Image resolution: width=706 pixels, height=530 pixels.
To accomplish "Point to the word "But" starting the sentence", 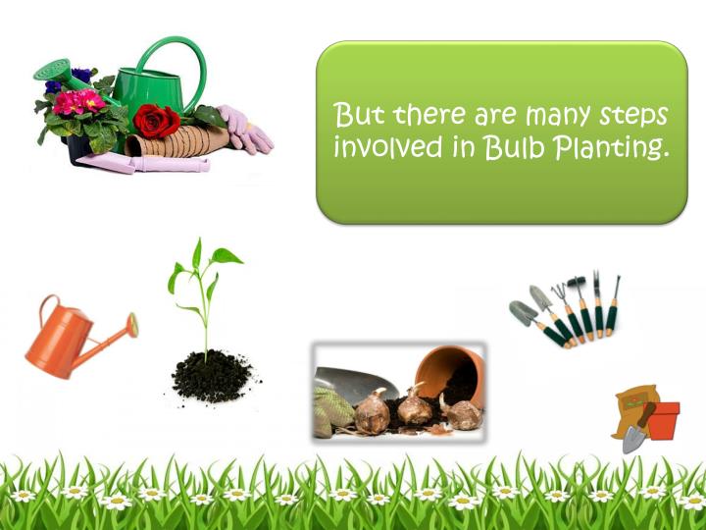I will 360,115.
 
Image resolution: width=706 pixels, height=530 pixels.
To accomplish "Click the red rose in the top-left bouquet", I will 156,121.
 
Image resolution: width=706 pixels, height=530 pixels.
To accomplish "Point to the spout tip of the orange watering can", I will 132,325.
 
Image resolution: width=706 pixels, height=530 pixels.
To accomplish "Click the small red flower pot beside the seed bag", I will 664,421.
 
